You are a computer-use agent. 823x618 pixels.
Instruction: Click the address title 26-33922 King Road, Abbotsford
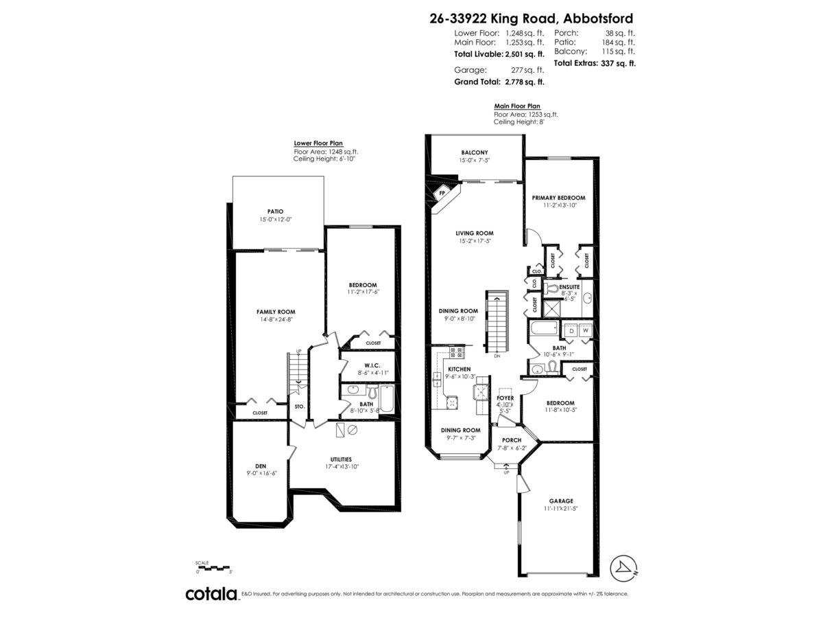[532, 19]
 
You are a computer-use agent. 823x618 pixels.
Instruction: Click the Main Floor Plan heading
[517, 106]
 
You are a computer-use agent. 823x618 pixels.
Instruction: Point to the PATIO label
[275, 211]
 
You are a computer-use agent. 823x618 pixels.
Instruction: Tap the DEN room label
[261, 466]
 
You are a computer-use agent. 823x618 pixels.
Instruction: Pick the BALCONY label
[474, 152]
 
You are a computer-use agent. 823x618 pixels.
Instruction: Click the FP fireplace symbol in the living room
[442, 193]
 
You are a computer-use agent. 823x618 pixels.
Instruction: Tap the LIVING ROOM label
[475, 233]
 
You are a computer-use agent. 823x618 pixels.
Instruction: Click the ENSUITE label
[569, 286]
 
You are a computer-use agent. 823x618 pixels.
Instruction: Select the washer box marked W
[585, 330]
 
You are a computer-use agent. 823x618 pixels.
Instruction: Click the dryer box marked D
[571, 330]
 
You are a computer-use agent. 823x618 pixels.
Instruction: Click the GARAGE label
[560, 501]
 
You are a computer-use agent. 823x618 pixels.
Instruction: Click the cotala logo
[211, 594]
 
